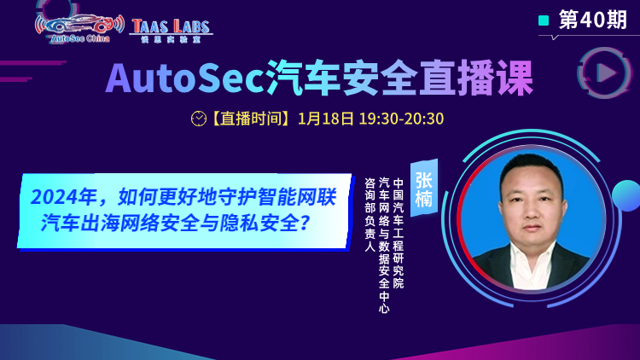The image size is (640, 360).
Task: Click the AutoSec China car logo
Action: (x=79, y=28)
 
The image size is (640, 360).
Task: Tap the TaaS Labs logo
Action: (x=171, y=31)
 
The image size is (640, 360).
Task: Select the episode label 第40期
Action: (x=593, y=20)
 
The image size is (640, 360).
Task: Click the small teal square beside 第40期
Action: (x=544, y=20)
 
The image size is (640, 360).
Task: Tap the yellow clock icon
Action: (x=199, y=119)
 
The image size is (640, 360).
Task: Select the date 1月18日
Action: (x=326, y=119)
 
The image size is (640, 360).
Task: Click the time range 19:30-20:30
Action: (x=401, y=119)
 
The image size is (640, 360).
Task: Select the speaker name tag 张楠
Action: (x=423, y=189)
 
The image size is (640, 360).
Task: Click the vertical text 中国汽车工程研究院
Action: (x=398, y=233)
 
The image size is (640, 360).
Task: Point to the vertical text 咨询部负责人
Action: (x=370, y=214)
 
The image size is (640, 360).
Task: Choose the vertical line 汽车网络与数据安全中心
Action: (x=384, y=245)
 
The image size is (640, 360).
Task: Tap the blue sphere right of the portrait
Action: (x=626, y=196)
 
